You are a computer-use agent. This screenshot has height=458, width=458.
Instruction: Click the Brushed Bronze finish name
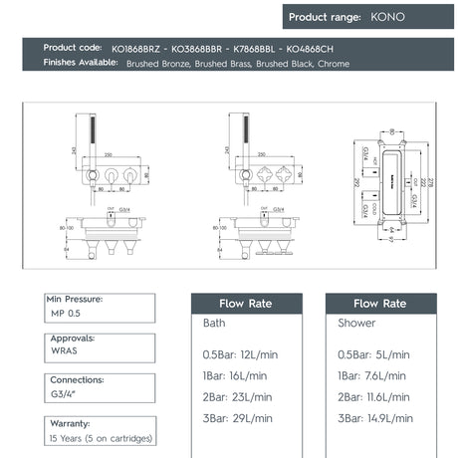coord(156,63)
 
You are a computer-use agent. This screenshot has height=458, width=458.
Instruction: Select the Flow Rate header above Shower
coord(379,303)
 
